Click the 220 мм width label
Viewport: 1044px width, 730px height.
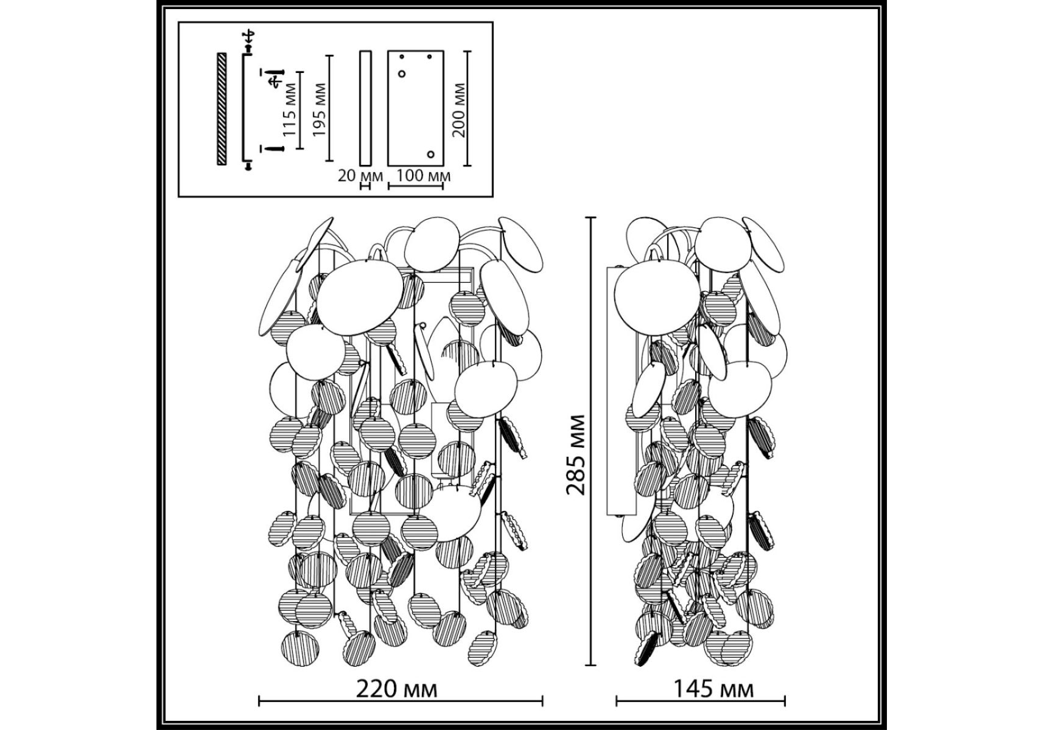pyautogui.click(x=396, y=690)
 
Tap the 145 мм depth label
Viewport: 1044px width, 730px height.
pyautogui.click(x=713, y=690)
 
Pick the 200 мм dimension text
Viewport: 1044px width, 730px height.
pyautogui.click(x=460, y=110)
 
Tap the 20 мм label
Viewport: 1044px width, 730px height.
pyautogui.click(x=360, y=176)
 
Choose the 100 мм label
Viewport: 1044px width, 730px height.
pyautogui.click(x=423, y=176)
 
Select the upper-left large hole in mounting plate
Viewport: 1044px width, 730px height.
pyautogui.click(x=402, y=74)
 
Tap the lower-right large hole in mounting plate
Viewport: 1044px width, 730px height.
pyautogui.click(x=431, y=155)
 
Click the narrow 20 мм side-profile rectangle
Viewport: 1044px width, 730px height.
pyautogui.click(x=365, y=108)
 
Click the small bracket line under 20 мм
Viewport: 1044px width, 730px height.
pyautogui.click(x=365, y=186)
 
